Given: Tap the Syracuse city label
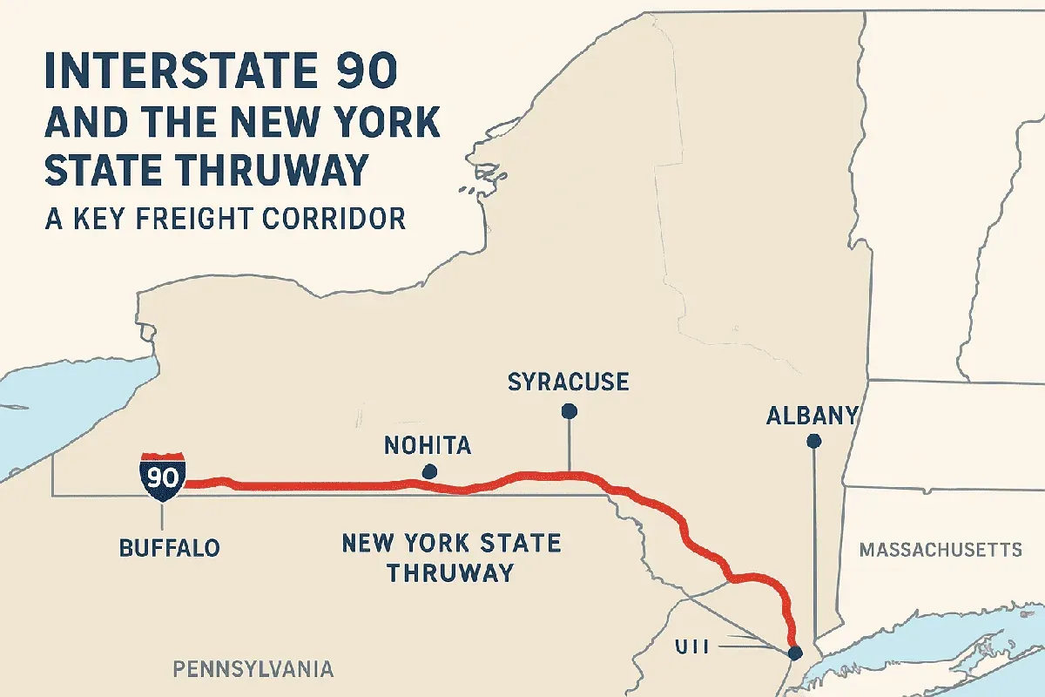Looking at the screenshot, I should point(568,382).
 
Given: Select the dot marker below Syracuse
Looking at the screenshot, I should point(569,410).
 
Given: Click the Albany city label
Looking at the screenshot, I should point(812,416).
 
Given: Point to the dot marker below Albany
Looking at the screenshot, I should point(814,443).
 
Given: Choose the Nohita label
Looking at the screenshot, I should point(427,447).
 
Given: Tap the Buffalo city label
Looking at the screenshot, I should point(169,548).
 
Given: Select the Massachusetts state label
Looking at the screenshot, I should point(940,550).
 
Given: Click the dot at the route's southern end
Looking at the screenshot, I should point(793,652).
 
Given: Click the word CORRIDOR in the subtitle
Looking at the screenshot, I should point(335,217).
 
